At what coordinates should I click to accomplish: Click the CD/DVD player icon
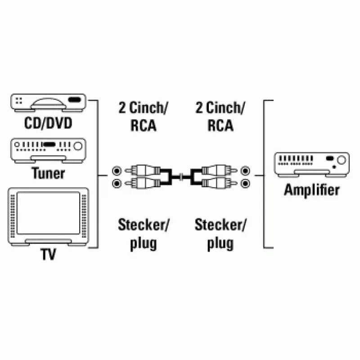coord(48,103)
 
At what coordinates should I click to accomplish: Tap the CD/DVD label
coord(48,123)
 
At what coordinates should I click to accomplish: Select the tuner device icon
coord(48,150)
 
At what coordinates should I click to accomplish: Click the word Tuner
coord(48,173)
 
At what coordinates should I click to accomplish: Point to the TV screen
coord(48,213)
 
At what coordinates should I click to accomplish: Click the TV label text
coord(48,254)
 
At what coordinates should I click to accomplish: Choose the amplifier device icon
coord(312,165)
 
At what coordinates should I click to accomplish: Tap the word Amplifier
coord(312,190)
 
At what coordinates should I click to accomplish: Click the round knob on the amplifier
coord(342,160)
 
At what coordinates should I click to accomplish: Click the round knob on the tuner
coord(78,146)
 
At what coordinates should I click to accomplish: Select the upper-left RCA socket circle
coord(117,171)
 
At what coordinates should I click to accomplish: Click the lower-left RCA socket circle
coord(117,184)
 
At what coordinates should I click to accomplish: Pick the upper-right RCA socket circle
coord(245,171)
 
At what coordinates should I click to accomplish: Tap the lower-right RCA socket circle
coord(245,184)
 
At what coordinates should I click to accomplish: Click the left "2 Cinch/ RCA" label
coord(143,117)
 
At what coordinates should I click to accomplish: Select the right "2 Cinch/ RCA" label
coord(220,117)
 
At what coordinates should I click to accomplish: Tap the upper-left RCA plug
coord(142,171)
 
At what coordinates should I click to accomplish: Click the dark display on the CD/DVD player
coord(75,100)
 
